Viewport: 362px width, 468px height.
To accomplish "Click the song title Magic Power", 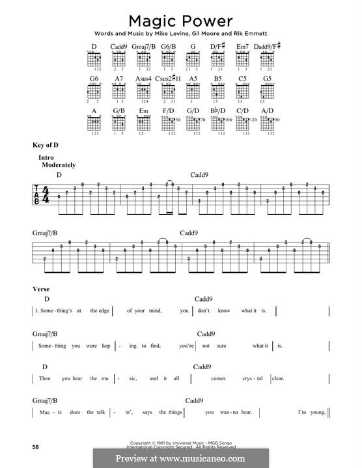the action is [181, 18].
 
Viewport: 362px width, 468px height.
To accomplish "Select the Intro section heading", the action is [45, 158].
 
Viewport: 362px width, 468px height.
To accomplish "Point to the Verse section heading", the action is [40, 288].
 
